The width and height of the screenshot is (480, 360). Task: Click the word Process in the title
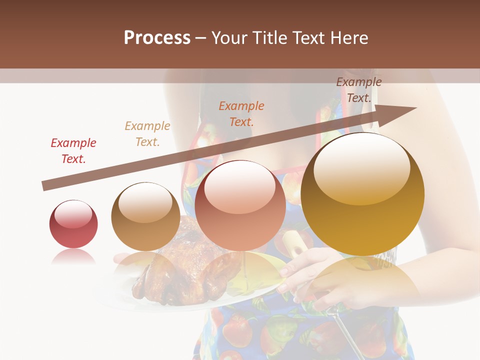coord(157,38)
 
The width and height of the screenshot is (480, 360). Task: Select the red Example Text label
coord(73,151)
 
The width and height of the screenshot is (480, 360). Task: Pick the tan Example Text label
coord(147,134)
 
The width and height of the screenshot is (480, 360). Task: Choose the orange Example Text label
coord(241,113)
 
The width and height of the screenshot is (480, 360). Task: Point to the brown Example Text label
coord(359,90)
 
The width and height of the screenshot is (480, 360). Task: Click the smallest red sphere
coord(73,224)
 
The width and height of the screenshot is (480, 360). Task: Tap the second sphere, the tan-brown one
coord(145,216)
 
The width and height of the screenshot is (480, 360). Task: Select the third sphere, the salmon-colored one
coord(240,205)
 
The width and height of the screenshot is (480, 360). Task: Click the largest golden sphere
coord(362,194)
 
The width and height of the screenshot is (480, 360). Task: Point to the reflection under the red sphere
coord(73,257)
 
